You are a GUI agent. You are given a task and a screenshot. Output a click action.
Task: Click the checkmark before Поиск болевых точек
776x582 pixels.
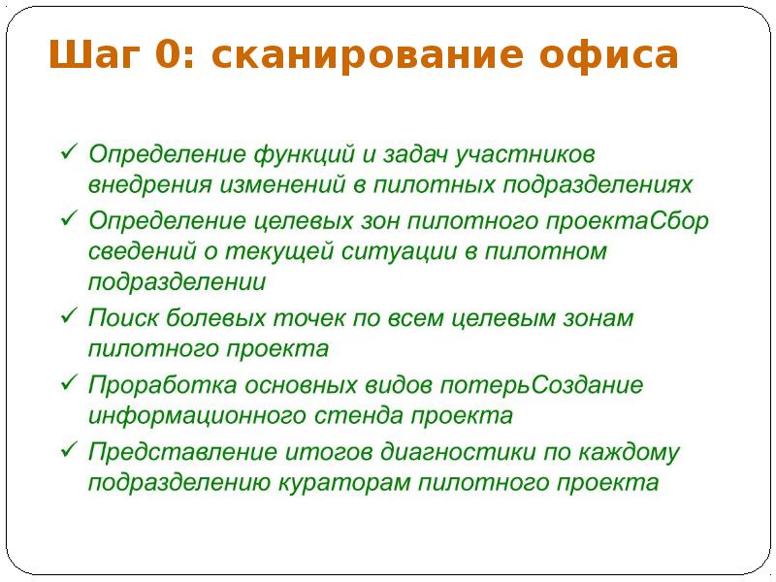tap(70, 317)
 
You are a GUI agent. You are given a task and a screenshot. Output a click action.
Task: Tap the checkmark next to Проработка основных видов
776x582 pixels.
tap(70, 384)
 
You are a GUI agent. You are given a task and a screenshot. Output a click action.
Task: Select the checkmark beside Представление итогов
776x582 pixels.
tap(70, 451)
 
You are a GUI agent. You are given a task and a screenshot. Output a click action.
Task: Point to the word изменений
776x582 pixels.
tap(332, 183)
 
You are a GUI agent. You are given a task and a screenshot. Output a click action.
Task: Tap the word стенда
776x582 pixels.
tap(360, 416)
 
